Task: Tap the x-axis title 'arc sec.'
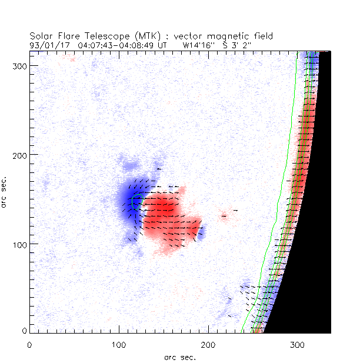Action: (x=179, y=357)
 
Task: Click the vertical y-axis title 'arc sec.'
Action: (x=5, y=191)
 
